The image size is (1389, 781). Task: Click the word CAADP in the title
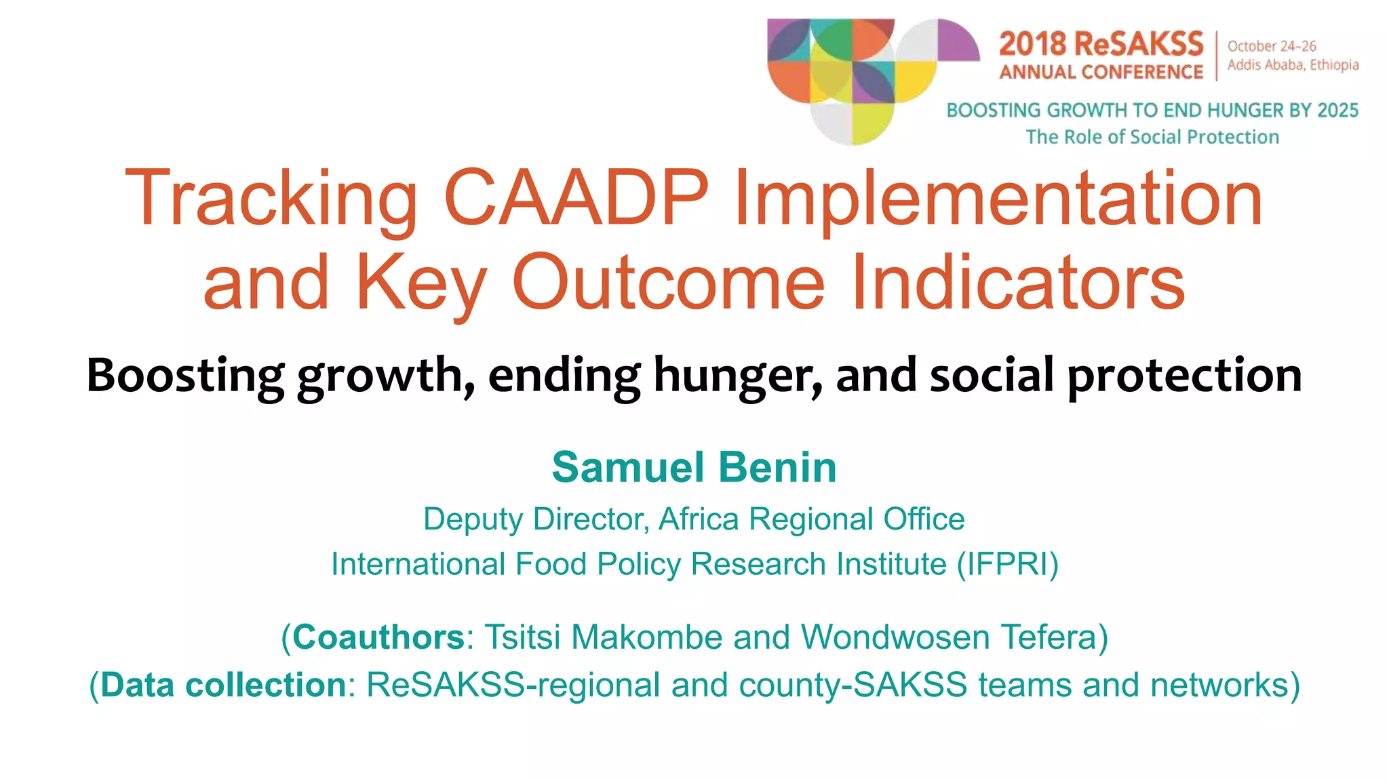pos(576,198)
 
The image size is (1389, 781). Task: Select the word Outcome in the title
pos(668,282)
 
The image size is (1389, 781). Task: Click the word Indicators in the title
pos(1017,282)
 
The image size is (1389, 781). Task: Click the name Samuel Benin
pos(694,467)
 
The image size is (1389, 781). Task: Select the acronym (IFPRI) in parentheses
pos(1007,564)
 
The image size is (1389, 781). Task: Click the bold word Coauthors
pos(378,637)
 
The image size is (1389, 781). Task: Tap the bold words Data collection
pos(224,685)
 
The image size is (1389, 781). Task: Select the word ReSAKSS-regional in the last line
pos(513,685)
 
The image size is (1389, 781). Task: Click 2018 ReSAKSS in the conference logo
pos(1101,45)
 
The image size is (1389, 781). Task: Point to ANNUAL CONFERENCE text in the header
pos(1101,72)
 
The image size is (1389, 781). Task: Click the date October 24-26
pos(1272,46)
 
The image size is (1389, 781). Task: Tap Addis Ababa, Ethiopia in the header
pos(1293,65)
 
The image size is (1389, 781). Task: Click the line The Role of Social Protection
pos(1152,137)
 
